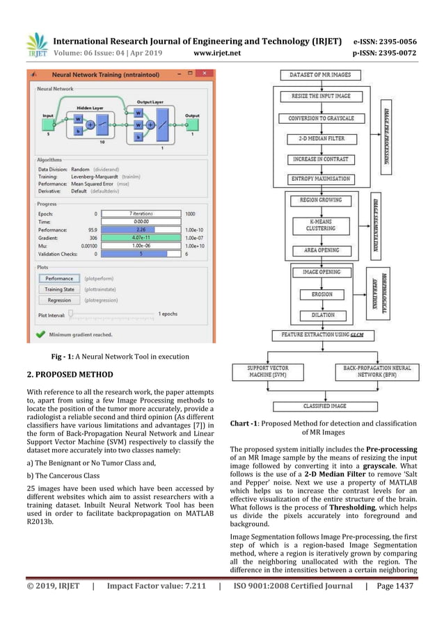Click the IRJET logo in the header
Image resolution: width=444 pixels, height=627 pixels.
[37, 44]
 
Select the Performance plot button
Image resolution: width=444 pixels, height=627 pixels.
[59, 278]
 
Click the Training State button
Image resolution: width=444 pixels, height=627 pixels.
[59, 289]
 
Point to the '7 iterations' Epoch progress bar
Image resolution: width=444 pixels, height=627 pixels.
[141, 213]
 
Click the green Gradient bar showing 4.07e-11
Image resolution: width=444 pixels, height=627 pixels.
[141, 237]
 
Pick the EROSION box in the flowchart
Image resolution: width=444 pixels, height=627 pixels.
[321, 294]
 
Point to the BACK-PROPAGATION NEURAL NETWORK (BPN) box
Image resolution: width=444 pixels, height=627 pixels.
[377, 371]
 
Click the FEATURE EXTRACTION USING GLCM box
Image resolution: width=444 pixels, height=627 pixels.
[322, 335]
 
